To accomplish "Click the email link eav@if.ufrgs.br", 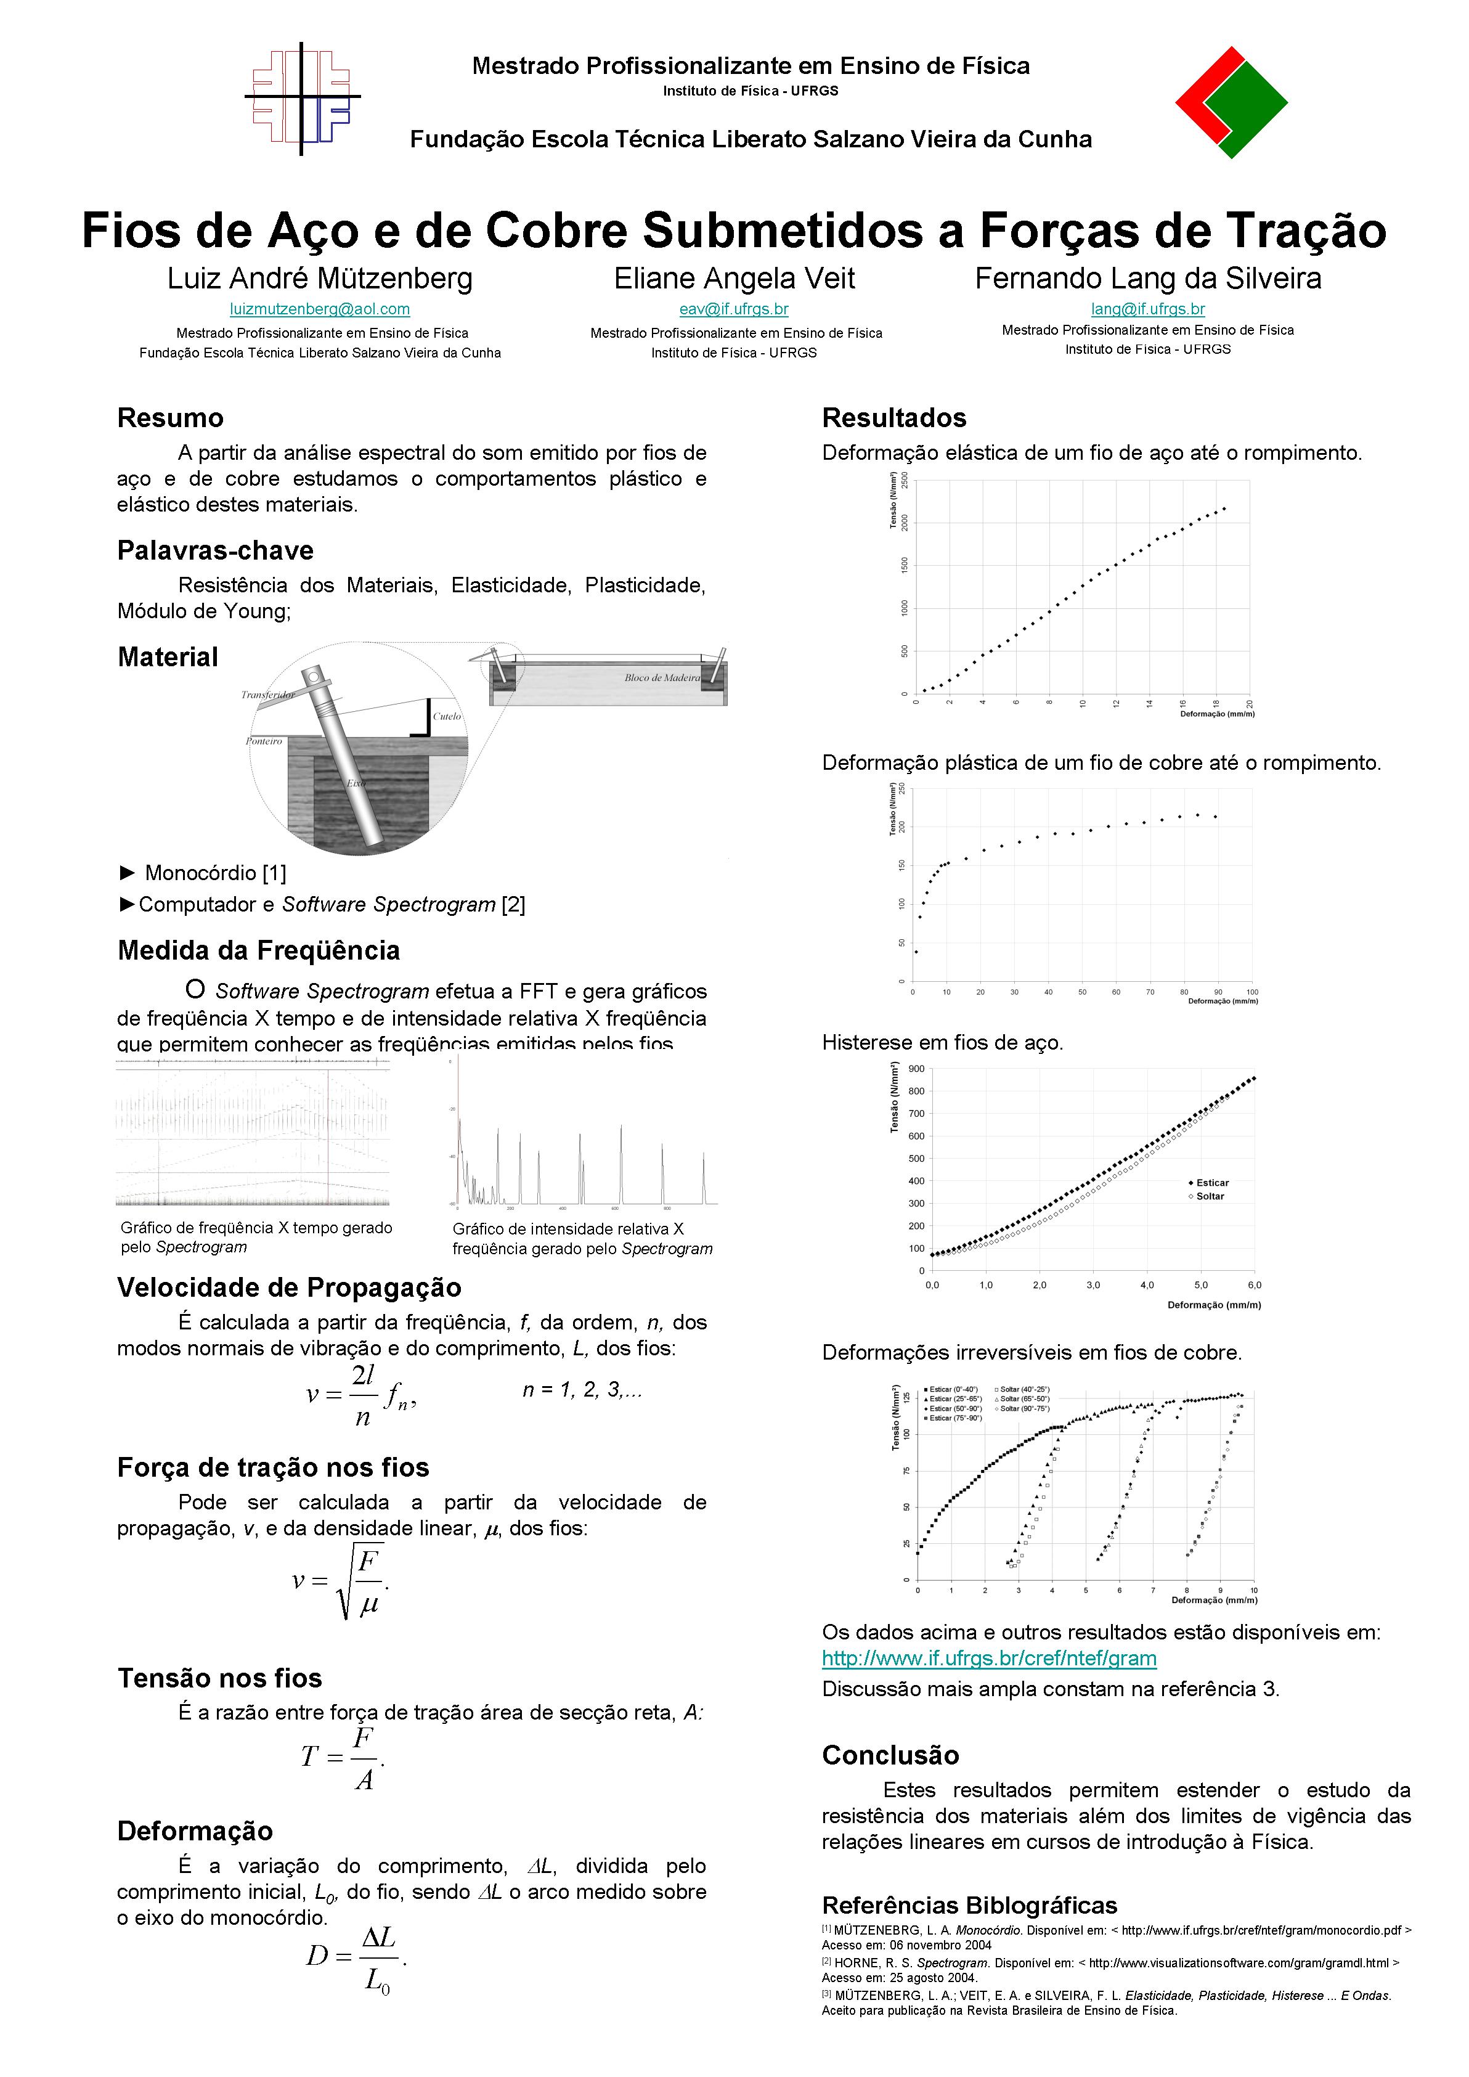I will point(734,309).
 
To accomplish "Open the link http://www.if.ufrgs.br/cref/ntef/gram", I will point(989,1658).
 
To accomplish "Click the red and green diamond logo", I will point(1231,103).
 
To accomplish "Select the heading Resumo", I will point(170,418).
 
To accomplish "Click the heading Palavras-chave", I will point(215,551).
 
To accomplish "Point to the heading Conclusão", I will point(890,1755).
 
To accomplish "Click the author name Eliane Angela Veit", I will point(734,279).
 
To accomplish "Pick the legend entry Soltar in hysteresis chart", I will point(1210,1196).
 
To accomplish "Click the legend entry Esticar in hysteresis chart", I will point(1212,1182).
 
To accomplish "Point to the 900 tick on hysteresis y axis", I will point(916,1069).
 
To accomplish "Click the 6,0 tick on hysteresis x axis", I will point(1254,1284).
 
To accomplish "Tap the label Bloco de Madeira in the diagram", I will point(662,677).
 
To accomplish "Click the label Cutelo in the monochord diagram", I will point(447,716).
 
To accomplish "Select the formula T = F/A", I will point(344,1758).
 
